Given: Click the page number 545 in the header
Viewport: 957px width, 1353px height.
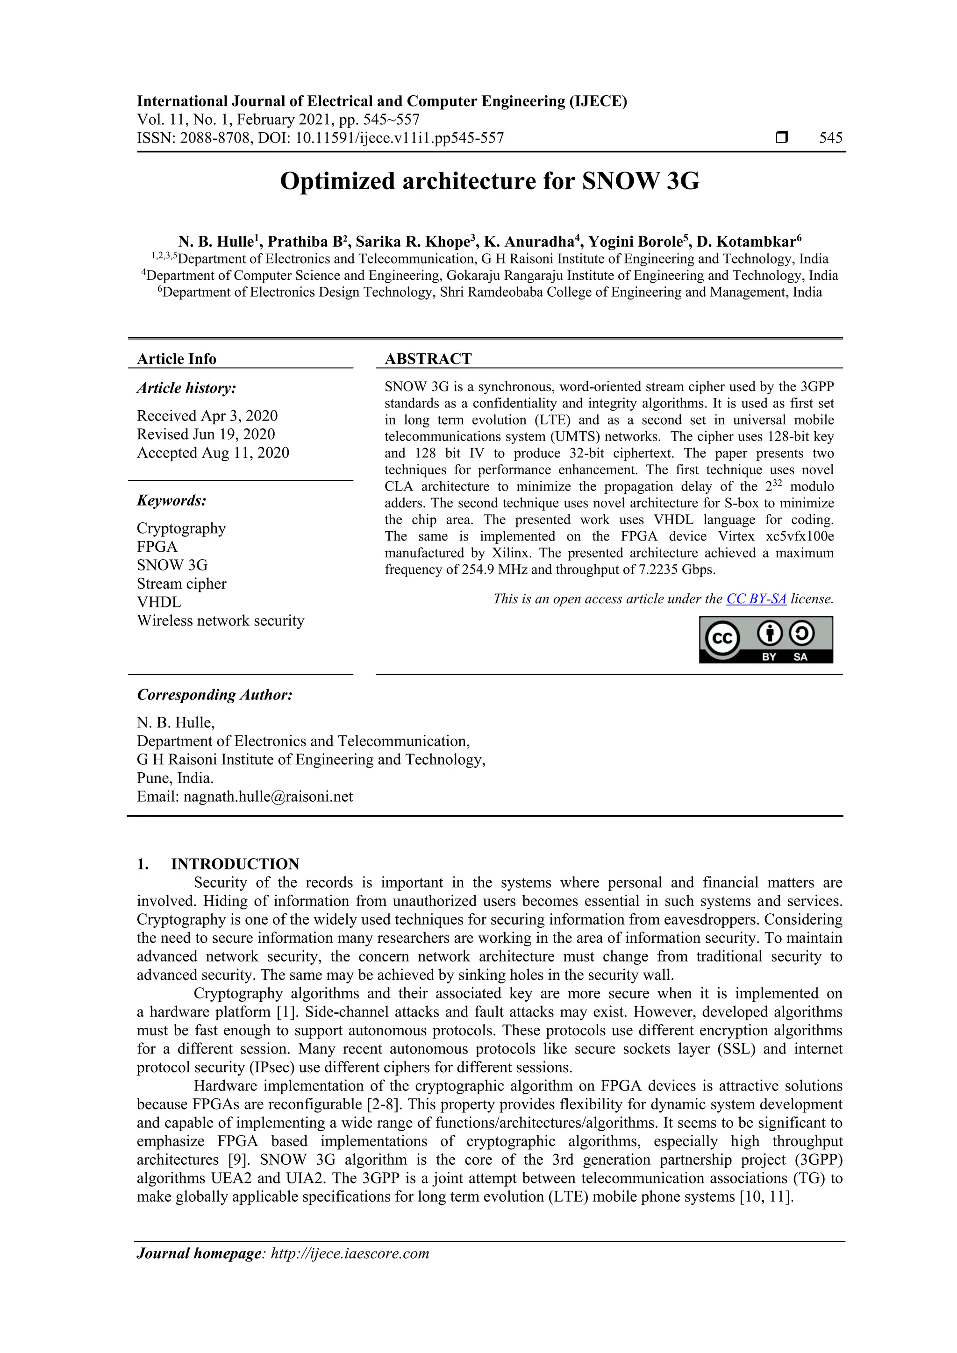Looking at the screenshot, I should pyautogui.click(x=830, y=138).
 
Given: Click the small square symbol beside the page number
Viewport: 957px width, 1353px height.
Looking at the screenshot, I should pyautogui.click(x=781, y=138).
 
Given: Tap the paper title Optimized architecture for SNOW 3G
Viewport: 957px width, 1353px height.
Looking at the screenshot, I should pyautogui.click(x=489, y=181).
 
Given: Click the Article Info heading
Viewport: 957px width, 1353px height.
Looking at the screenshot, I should pyautogui.click(x=176, y=359).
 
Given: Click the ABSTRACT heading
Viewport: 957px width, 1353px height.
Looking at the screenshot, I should pyautogui.click(x=428, y=359).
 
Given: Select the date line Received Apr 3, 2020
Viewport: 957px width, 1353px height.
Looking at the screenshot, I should pyautogui.click(x=207, y=416).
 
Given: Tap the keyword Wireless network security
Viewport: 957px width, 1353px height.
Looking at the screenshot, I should pyautogui.click(x=221, y=620).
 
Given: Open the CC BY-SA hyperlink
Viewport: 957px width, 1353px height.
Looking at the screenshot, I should pyautogui.click(x=756, y=599).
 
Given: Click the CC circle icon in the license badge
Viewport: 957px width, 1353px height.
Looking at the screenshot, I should pyautogui.click(x=722, y=638).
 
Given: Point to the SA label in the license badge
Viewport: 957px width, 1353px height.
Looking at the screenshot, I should pyautogui.click(x=800, y=657).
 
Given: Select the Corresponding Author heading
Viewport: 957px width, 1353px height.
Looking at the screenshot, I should pyautogui.click(x=214, y=695).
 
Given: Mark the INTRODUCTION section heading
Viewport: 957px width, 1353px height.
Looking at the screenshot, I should pyautogui.click(x=235, y=864).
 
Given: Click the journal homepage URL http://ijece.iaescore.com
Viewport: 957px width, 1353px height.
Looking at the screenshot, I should pyautogui.click(x=350, y=1253).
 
